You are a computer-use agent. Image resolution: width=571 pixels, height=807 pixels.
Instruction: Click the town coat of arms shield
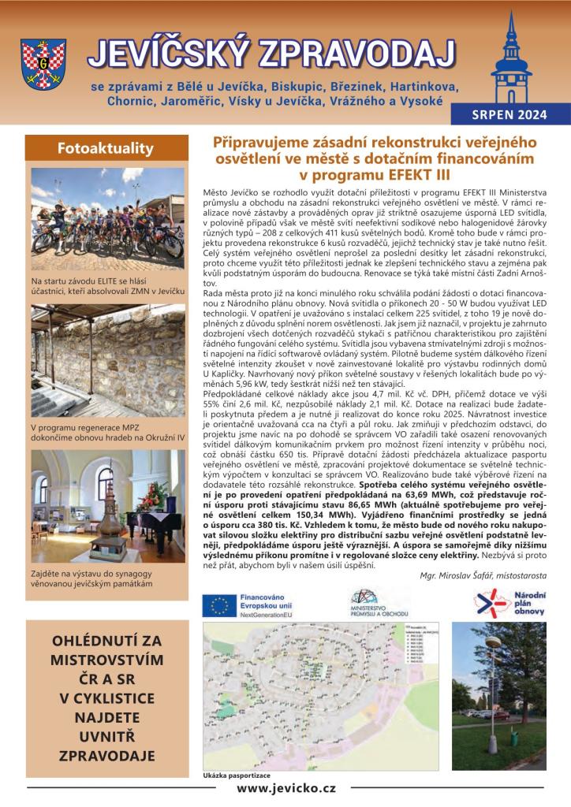point(43,65)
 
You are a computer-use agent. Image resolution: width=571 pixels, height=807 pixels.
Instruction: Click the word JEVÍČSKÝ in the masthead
point(161,54)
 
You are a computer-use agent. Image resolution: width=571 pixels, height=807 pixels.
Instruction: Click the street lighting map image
point(323,695)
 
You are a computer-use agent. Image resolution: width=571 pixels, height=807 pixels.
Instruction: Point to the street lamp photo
point(498,695)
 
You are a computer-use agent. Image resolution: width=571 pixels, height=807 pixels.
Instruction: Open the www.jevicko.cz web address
point(286,788)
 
